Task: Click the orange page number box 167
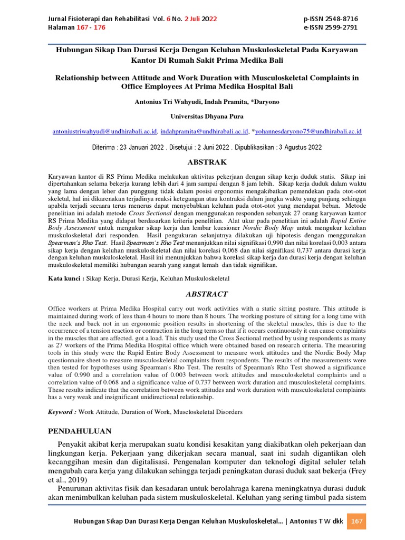pos(357,521)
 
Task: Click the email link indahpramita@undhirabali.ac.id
pos(204,131)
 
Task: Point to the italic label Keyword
pos(62,411)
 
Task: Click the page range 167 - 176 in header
pos(76,27)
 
